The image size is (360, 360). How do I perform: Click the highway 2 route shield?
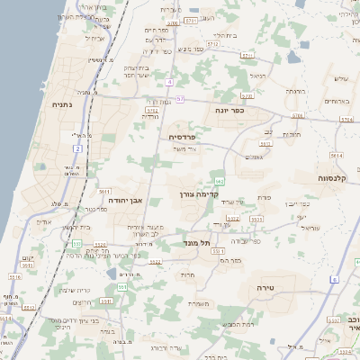(x=77, y=148)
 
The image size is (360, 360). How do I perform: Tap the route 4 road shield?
(x=168, y=82)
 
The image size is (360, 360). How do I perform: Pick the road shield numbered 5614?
(x=336, y=155)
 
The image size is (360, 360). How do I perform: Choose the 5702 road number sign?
(x=151, y=111)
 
